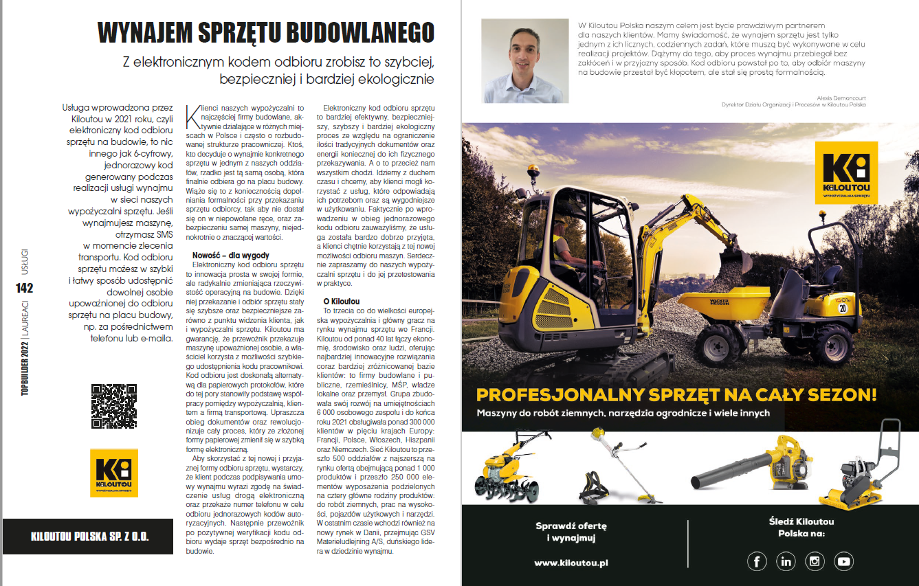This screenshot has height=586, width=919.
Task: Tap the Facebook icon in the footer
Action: tap(757, 561)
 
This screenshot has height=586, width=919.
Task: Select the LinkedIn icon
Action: tap(786, 561)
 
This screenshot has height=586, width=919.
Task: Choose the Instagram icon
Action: tap(815, 561)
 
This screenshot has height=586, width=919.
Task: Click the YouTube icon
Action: tap(843, 561)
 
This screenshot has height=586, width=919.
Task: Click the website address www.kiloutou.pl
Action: tap(571, 563)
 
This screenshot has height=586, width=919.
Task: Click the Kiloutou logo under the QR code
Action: tap(114, 473)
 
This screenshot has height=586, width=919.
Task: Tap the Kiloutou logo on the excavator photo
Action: tap(845, 172)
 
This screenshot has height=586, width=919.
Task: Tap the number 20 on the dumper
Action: tap(841, 308)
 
